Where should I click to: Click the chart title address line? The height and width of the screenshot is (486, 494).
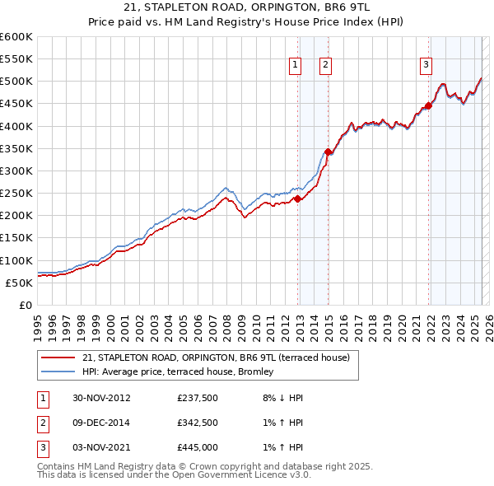click(x=246, y=7)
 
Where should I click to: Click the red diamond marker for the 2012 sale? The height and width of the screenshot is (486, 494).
click(x=298, y=199)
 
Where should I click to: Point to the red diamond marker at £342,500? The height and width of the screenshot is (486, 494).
click(x=328, y=152)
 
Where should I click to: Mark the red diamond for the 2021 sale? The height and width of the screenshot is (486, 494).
click(x=429, y=105)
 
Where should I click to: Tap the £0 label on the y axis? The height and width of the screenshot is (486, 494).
click(x=25, y=305)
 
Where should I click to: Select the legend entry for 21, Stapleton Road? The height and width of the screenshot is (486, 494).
click(x=216, y=357)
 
